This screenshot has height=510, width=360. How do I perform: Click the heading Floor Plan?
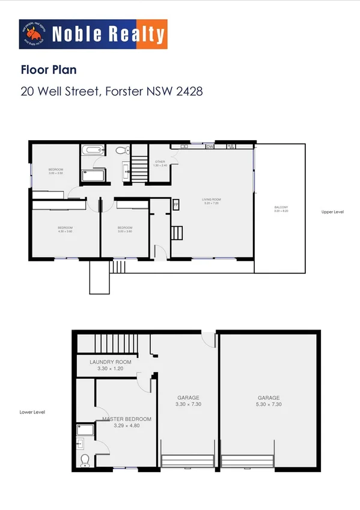(48, 70)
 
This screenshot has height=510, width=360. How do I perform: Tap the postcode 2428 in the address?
(189, 91)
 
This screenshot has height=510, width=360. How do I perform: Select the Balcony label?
(281, 209)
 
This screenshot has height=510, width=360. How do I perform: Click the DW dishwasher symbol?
(210, 146)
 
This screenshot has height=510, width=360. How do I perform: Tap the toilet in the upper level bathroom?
(120, 150)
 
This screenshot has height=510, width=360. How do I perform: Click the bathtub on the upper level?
(92, 150)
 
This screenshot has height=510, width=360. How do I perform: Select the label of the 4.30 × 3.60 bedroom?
(65, 229)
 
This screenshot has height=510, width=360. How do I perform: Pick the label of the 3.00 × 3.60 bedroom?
(124, 229)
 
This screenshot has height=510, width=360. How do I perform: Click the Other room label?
(160, 163)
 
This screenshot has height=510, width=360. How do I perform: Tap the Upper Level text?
(332, 212)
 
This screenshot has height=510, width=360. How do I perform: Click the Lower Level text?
(32, 412)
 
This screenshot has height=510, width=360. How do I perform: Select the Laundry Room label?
(110, 362)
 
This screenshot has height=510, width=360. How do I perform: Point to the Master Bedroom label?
(126, 419)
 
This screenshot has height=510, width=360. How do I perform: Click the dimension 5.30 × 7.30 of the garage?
(269, 405)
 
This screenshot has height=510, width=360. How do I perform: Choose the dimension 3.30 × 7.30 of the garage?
(188, 405)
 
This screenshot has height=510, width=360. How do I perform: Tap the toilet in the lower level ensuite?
(85, 460)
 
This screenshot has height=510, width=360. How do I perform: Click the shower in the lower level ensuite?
(85, 429)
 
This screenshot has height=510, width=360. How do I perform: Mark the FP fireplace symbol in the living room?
(176, 205)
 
